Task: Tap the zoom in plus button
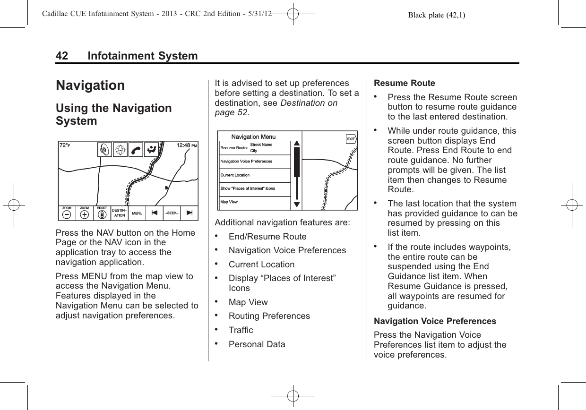pyautogui.click(x=84, y=214)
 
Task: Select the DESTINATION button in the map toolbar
pyautogui.click(x=119, y=213)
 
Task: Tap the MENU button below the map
pyautogui.click(x=138, y=213)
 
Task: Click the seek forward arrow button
pyautogui.click(x=190, y=213)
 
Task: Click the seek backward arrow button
pyautogui.click(x=154, y=213)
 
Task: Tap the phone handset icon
pyautogui.click(x=136, y=149)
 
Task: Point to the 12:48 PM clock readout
pyautogui.click(x=187, y=145)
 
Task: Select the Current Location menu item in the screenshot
pyautogui.click(x=235, y=175)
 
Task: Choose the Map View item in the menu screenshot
pyautogui.click(x=229, y=202)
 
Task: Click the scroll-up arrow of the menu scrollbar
pyautogui.click(x=296, y=143)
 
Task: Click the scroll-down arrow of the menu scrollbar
pyautogui.click(x=296, y=204)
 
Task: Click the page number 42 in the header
pyautogui.click(x=61, y=56)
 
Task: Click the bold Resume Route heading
pyautogui.click(x=404, y=83)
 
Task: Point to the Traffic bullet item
pyautogui.click(x=241, y=330)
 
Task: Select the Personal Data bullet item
pyautogui.click(x=257, y=344)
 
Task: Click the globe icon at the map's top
pyautogui.click(x=121, y=149)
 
